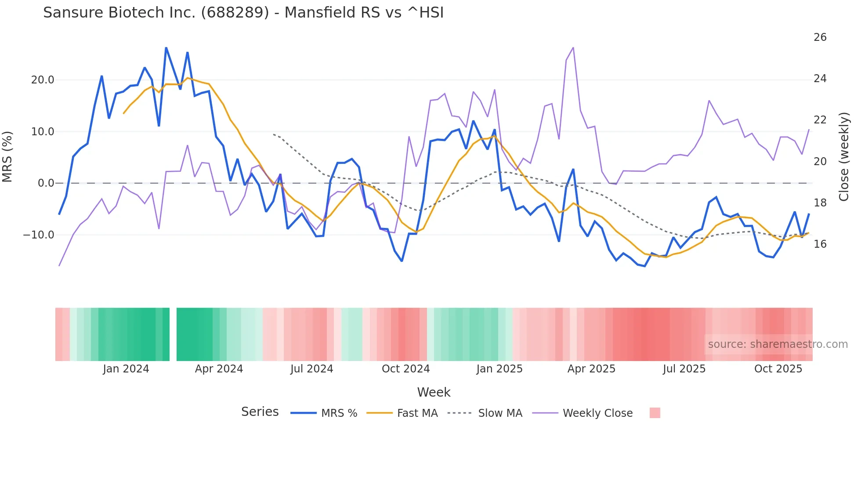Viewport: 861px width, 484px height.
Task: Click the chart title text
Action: (x=243, y=13)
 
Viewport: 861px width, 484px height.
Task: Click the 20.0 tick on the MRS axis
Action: (x=43, y=80)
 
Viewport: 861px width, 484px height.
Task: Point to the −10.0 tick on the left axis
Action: (x=39, y=235)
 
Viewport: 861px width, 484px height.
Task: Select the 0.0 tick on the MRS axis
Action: (x=46, y=183)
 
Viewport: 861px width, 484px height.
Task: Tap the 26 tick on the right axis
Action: (x=820, y=37)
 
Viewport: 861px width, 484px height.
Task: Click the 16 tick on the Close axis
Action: (x=820, y=244)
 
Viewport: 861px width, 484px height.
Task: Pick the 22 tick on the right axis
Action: (x=820, y=120)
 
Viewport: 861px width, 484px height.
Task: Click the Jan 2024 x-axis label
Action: (x=126, y=369)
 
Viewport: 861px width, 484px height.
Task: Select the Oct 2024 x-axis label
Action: (x=405, y=369)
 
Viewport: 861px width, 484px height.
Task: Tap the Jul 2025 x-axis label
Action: (x=684, y=369)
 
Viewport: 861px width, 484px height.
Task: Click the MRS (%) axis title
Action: (x=7, y=156)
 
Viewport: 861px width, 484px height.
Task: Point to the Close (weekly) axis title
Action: (x=843, y=156)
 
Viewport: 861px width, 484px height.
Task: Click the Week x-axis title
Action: (x=434, y=392)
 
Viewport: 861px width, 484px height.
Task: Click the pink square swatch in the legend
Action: (x=655, y=413)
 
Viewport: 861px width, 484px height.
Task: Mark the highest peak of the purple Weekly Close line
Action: (x=573, y=47)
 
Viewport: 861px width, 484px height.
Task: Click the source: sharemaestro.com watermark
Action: (x=778, y=344)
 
